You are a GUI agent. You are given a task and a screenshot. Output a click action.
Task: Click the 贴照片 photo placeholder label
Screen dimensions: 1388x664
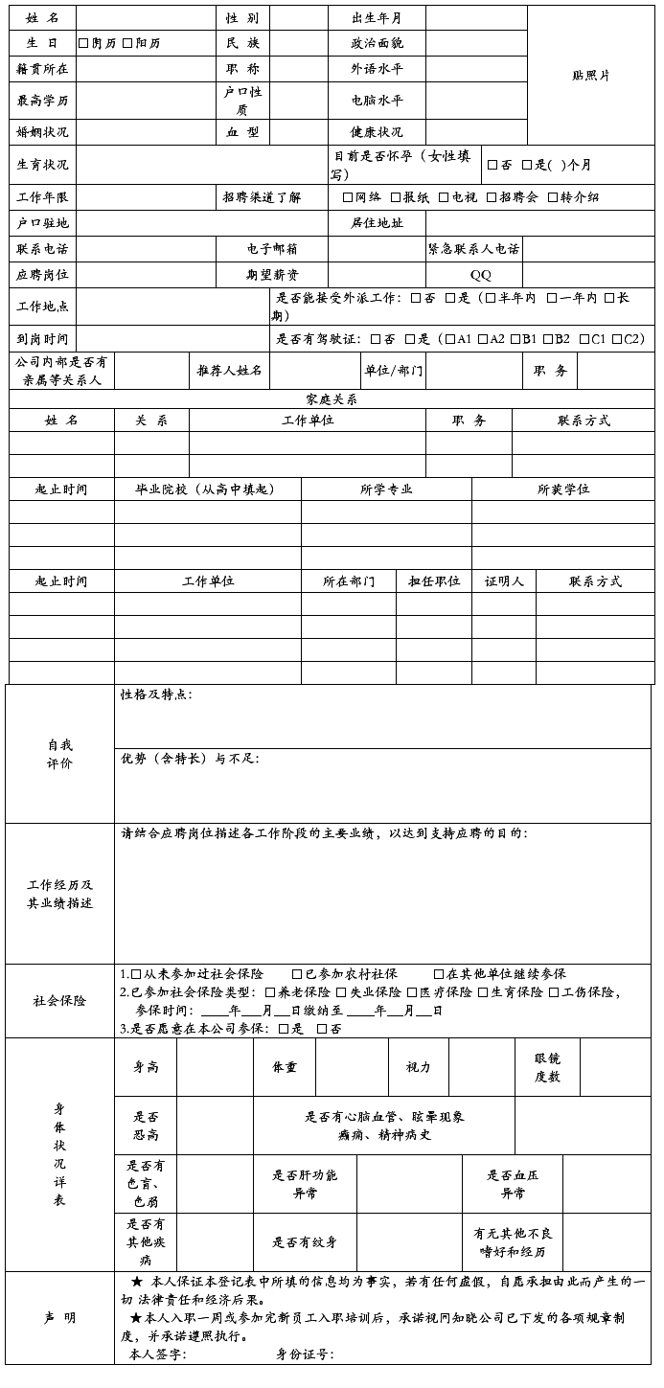pyautogui.click(x=591, y=76)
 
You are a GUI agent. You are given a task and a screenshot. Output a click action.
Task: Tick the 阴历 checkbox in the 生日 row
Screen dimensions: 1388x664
pyautogui.click(x=83, y=43)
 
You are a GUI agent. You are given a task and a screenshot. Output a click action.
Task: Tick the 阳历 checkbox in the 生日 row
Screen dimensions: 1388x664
pyautogui.click(x=127, y=43)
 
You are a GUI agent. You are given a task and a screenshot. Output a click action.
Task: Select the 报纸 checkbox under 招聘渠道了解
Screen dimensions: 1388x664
pyautogui.click(x=395, y=197)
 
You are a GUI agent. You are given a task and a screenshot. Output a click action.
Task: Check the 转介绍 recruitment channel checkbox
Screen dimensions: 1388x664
pyautogui.click(x=553, y=197)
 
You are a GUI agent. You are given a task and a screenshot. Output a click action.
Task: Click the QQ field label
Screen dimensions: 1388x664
pyautogui.click(x=480, y=275)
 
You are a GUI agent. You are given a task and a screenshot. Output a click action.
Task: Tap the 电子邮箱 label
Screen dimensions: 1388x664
pyautogui.click(x=271, y=249)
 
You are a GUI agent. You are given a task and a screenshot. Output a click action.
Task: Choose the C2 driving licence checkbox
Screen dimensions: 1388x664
pyautogui.click(x=617, y=339)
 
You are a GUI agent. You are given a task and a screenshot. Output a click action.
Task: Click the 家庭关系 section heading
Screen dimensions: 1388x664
pyautogui.click(x=332, y=399)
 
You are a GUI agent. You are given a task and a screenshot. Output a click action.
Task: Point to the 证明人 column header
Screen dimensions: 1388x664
pyautogui.click(x=504, y=581)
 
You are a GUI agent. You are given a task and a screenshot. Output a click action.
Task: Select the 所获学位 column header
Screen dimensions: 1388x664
pyautogui.click(x=563, y=489)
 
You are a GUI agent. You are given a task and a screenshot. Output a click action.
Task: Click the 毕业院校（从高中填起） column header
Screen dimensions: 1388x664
pyautogui.click(x=206, y=489)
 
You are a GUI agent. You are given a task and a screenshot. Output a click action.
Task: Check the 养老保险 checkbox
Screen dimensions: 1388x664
pyautogui.click(x=271, y=992)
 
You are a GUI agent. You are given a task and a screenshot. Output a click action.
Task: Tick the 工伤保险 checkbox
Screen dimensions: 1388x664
pyautogui.click(x=554, y=992)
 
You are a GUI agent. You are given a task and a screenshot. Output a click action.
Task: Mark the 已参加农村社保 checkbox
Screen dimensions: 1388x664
pyautogui.click(x=297, y=974)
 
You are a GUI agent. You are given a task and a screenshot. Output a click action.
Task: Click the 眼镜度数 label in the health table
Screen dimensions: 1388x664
pyautogui.click(x=548, y=1067)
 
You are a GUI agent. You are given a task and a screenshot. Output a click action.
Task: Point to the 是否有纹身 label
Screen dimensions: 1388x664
pyautogui.click(x=305, y=1242)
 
